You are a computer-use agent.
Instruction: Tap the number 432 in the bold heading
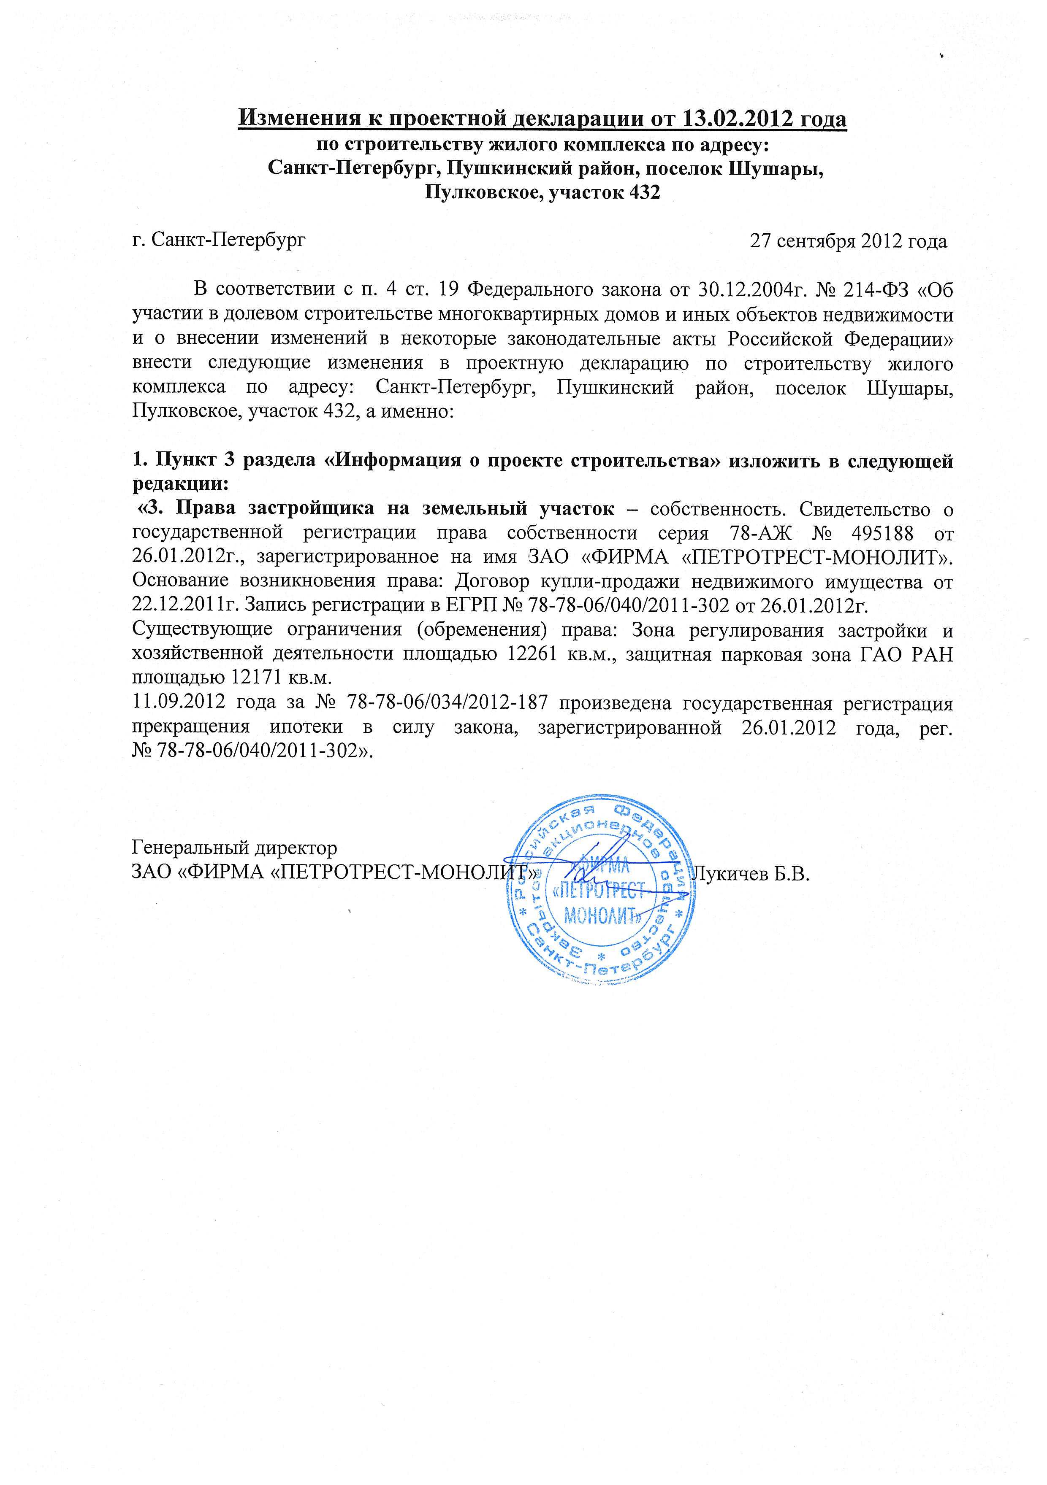coord(645,192)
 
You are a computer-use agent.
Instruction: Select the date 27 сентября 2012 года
coord(848,241)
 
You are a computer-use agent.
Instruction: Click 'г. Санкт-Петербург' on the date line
coord(219,240)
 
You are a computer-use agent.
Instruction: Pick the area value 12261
coord(531,654)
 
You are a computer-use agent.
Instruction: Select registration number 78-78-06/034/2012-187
coord(448,702)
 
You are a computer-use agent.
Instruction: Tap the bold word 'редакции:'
coord(181,484)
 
